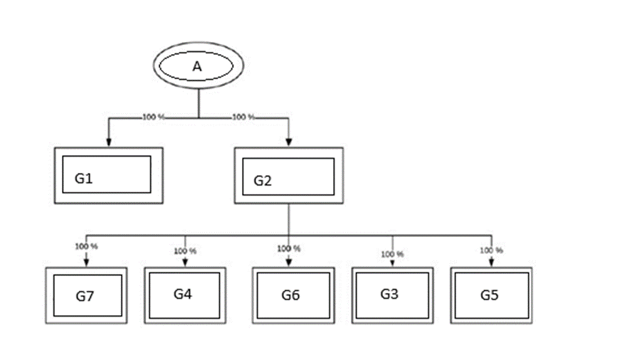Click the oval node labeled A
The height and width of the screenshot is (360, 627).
point(199,66)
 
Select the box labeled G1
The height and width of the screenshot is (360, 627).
point(108,175)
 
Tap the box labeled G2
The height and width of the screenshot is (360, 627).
point(288,175)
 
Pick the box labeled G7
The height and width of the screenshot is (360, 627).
point(85,295)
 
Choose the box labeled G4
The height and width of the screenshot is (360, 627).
point(184,294)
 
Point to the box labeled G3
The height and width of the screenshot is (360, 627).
point(391,294)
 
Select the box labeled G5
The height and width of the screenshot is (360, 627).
point(490,295)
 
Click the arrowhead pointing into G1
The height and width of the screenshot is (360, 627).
point(108,142)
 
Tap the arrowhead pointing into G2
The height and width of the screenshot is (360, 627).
point(288,142)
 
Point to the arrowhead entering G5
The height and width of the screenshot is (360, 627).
point(491,263)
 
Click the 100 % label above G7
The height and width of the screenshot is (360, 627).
point(86,246)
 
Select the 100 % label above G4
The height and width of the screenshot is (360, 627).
point(185,251)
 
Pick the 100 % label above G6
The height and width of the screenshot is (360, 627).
point(288,249)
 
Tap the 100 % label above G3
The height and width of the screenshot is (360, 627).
point(392,253)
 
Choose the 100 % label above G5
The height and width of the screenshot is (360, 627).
point(491,250)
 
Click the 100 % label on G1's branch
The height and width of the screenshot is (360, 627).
point(153,117)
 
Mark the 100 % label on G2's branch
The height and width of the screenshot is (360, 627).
point(243,117)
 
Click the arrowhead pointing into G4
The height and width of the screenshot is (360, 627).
point(185,263)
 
